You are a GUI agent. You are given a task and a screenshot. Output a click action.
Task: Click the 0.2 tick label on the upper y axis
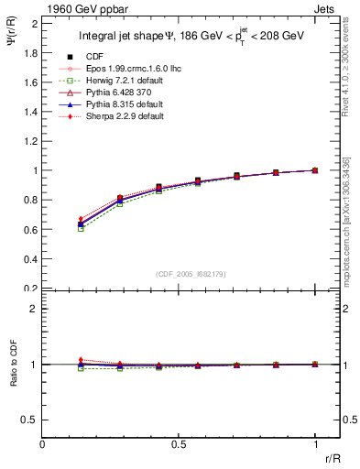(x=35, y=288)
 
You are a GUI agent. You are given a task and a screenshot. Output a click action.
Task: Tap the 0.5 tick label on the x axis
(x=179, y=443)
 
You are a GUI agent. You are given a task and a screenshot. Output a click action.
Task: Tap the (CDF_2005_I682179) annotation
(x=191, y=273)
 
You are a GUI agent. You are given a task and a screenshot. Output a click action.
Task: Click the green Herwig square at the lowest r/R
(x=81, y=228)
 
